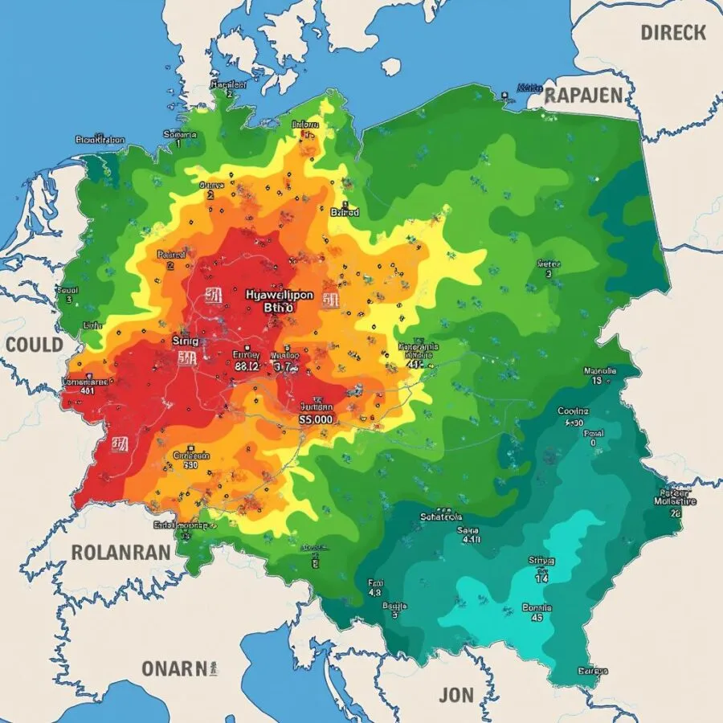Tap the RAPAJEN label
click(x=583, y=96)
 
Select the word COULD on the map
click(x=34, y=345)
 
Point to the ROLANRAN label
click(x=120, y=553)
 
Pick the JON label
click(x=457, y=695)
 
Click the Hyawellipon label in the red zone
click(x=278, y=295)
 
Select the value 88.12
click(x=246, y=366)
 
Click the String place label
click(x=184, y=341)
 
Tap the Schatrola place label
click(x=441, y=517)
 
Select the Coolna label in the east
click(x=573, y=411)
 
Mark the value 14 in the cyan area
click(x=541, y=576)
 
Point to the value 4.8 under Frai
click(x=374, y=593)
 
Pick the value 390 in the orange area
click(x=190, y=464)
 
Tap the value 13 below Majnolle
click(x=597, y=382)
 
